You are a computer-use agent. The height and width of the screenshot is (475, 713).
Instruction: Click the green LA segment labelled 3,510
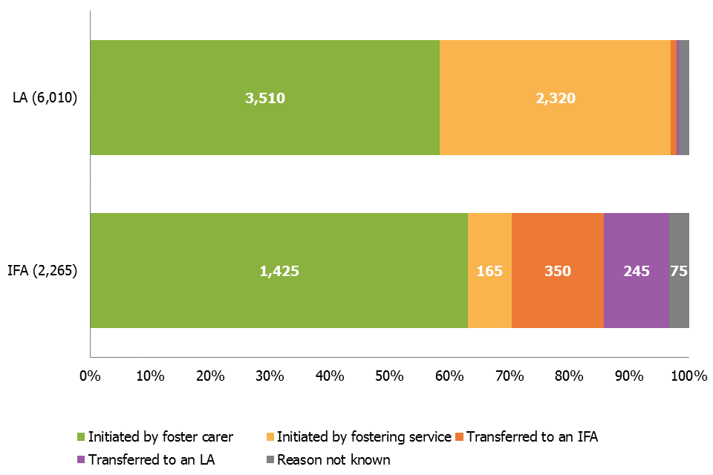[x=264, y=98]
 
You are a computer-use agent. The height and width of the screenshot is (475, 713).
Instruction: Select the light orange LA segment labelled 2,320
[x=555, y=98]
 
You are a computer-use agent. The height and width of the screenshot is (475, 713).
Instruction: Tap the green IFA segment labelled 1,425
[x=279, y=271]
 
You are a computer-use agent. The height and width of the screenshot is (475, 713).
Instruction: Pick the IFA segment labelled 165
[x=489, y=271]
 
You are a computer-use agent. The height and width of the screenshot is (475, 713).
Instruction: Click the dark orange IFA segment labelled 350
[x=557, y=271]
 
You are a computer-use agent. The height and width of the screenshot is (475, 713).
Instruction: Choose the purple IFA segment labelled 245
[x=637, y=271]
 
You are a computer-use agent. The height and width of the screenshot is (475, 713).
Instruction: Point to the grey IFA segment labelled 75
[x=679, y=271]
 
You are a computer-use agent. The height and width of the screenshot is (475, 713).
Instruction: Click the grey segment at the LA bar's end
[x=683, y=98]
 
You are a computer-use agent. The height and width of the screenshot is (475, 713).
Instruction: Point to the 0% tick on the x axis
[x=90, y=376]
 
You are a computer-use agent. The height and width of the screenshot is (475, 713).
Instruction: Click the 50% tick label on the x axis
[x=389, y=376]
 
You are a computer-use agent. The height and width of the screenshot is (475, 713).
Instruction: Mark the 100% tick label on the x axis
[x=688, y=376]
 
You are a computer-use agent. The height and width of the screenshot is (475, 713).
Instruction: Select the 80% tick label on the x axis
[x=569, y=376]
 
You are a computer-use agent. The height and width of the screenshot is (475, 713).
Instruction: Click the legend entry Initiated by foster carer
[x=160, y=437]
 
